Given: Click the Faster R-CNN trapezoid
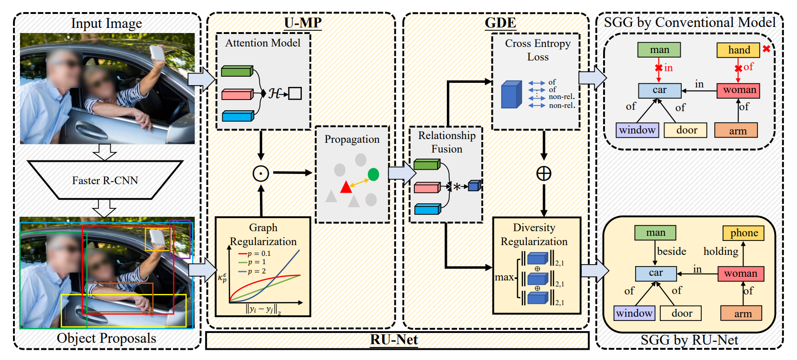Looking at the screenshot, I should tap(105, 180).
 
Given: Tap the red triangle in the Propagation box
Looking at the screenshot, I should tap(346, 187).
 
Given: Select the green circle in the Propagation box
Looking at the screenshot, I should tap(373, 174).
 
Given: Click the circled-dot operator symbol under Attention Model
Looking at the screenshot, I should tap(261, 173).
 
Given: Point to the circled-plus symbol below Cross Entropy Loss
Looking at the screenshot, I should tap(544, 173).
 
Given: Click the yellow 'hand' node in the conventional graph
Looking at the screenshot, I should tap(738, 50).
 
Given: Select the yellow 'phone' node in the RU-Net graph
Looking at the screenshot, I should tap(744, 233).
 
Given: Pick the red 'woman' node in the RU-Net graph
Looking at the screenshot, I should tap(740, 273).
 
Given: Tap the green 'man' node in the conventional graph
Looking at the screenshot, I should tap(659, 50).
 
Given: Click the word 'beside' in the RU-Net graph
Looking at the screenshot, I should tap(671, 252).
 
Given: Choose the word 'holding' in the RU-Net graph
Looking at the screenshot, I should tap(721, 252).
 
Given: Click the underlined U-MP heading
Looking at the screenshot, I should tap(303, 23).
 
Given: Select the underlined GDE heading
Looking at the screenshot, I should tap(500, 23).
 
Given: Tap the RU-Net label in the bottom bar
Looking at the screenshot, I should tap(394, 340).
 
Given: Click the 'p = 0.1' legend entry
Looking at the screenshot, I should tap(255, 253).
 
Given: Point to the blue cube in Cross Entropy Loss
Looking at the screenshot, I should tap(511, 95).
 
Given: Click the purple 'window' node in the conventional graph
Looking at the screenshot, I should tap(637, 130).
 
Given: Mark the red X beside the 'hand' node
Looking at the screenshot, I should tap(766, 49).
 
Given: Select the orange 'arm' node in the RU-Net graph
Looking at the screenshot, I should tap(742, 314).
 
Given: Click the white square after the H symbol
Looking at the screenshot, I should tap(295, 93).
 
